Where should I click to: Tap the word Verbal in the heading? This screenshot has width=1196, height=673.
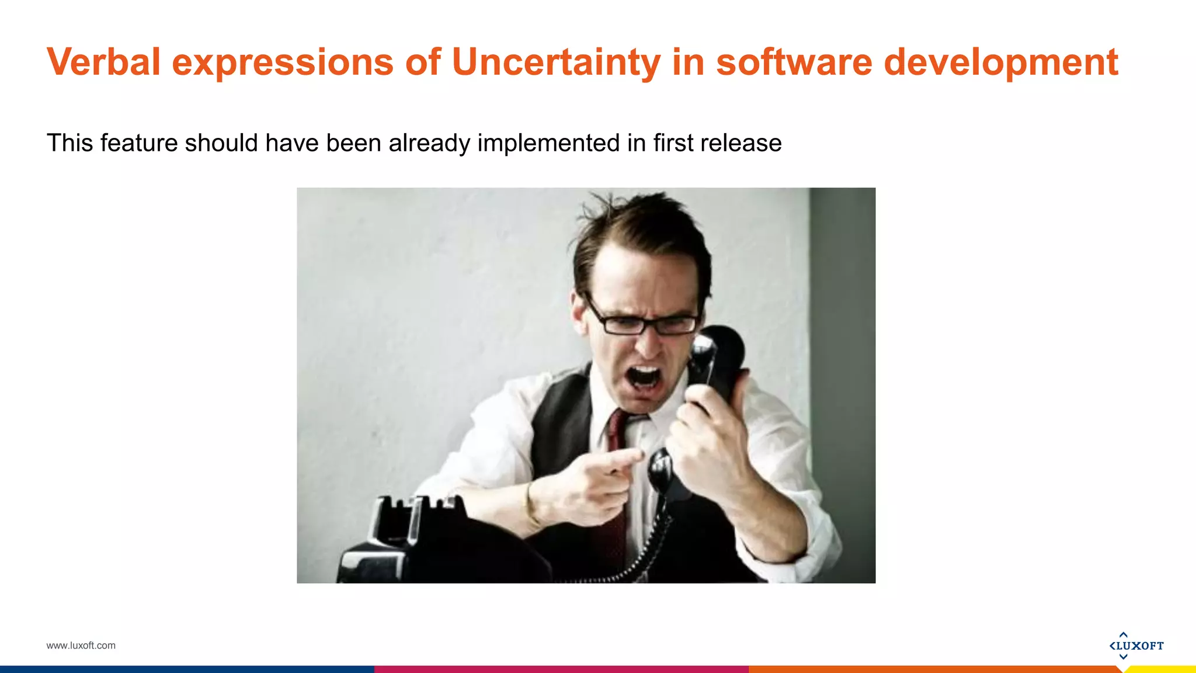click(x=103, y=62)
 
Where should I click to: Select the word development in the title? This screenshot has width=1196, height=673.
click(x=1000, y=62)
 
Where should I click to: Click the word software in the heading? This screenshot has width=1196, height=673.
click(x=794, y=62)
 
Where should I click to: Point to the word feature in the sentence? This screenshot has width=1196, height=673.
click(x=139, y=143)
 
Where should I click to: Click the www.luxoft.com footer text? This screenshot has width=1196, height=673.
click(x=81, y=646)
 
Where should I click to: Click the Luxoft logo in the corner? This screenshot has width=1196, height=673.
click(x=1136, y=646)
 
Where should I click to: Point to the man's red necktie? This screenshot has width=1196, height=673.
click(x=616, y=432)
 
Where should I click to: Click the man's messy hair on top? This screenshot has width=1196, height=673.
click(x=637, y=225)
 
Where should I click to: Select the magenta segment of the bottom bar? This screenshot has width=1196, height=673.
click(x=561, y=669)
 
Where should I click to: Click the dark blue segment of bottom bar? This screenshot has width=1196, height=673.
click(x=187, y=669)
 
